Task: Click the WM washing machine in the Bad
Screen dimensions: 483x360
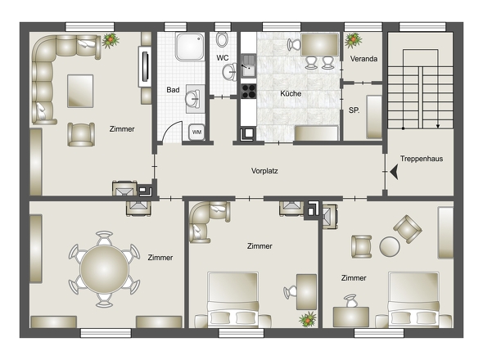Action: (196, 132)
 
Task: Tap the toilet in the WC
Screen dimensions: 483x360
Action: (222, 39)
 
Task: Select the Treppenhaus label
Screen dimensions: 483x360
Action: (422, 159)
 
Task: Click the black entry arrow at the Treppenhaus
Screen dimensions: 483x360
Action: (394, 172)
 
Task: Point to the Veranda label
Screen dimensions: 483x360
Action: (363, 59)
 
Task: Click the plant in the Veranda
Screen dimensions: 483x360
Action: (353, 40)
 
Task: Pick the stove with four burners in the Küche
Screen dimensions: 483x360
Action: (248, 91)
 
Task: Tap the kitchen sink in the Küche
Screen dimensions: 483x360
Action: (248, 65)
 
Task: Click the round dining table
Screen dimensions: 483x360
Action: (104, 269)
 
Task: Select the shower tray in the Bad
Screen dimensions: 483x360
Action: (190, 47)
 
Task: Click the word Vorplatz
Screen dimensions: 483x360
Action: (264, 171)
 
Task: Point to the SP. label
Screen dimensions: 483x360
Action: (354, 110)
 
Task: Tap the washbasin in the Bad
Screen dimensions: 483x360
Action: (193, 99)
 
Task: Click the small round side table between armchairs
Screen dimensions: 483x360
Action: (390, 246)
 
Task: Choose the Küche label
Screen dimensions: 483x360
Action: (291, 93)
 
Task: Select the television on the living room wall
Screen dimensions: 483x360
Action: (145, 67)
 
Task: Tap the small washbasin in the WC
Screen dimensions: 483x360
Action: (229, 72)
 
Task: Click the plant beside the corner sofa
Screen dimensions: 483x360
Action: (111, 40)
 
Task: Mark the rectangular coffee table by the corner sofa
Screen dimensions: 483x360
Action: (80, 91)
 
